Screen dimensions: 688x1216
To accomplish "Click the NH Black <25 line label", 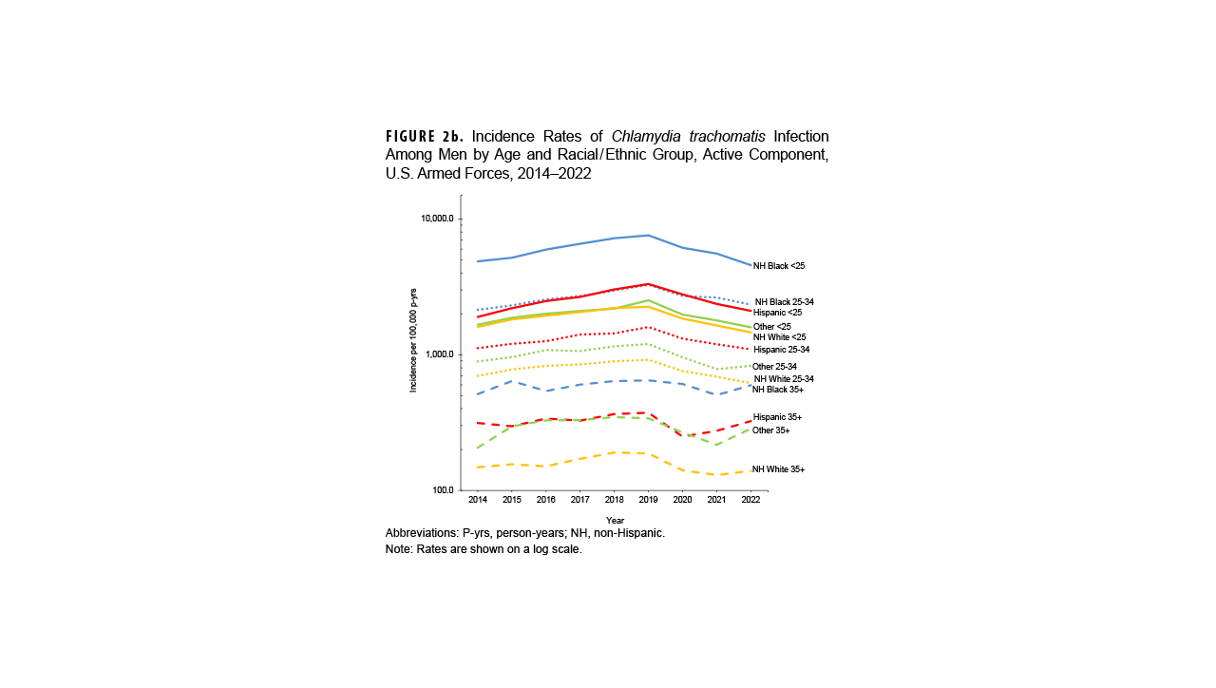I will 779,266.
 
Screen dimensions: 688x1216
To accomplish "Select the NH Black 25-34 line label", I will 784,302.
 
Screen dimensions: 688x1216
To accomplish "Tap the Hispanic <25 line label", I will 777,313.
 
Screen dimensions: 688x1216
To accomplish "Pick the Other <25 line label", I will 771,327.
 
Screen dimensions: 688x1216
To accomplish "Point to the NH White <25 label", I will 779,337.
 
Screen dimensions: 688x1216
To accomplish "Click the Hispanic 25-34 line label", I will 781,351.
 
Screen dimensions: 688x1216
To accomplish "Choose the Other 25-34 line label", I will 774,367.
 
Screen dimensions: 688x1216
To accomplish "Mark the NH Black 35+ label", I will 777,390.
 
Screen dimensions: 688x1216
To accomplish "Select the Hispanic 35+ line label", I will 777,417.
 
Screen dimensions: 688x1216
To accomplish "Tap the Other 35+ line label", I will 770,430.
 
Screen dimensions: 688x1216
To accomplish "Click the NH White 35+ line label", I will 778,470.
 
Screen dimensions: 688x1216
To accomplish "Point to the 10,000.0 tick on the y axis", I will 437,219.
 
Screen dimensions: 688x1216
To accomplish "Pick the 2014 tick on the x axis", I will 477,500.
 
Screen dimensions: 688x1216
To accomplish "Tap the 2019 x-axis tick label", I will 648,500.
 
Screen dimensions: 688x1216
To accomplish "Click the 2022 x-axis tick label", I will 750,500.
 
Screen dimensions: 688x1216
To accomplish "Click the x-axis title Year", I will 615,520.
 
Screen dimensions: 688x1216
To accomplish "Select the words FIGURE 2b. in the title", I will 425,135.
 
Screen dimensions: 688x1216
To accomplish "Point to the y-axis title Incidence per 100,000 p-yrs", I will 413,341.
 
